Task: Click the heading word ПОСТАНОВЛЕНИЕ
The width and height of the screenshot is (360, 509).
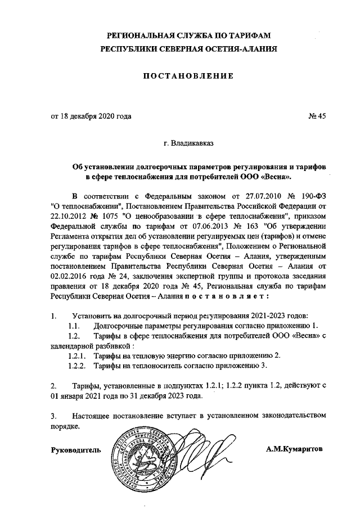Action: point(188,76)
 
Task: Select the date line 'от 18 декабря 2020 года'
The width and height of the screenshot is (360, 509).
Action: point(92,117)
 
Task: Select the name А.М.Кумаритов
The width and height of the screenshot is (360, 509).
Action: point(295,449)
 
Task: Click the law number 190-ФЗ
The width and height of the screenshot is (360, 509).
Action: point(312,197)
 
